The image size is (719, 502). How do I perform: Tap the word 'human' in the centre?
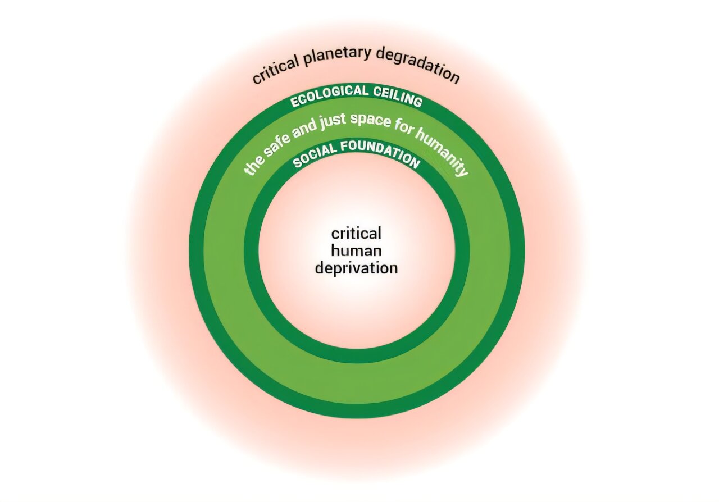(x=356, y=250)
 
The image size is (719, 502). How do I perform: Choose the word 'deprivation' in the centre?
(x=356, y=267)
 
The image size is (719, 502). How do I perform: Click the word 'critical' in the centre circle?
(x=356, y=233)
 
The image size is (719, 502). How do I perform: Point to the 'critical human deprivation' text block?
(x=356, y=250)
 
